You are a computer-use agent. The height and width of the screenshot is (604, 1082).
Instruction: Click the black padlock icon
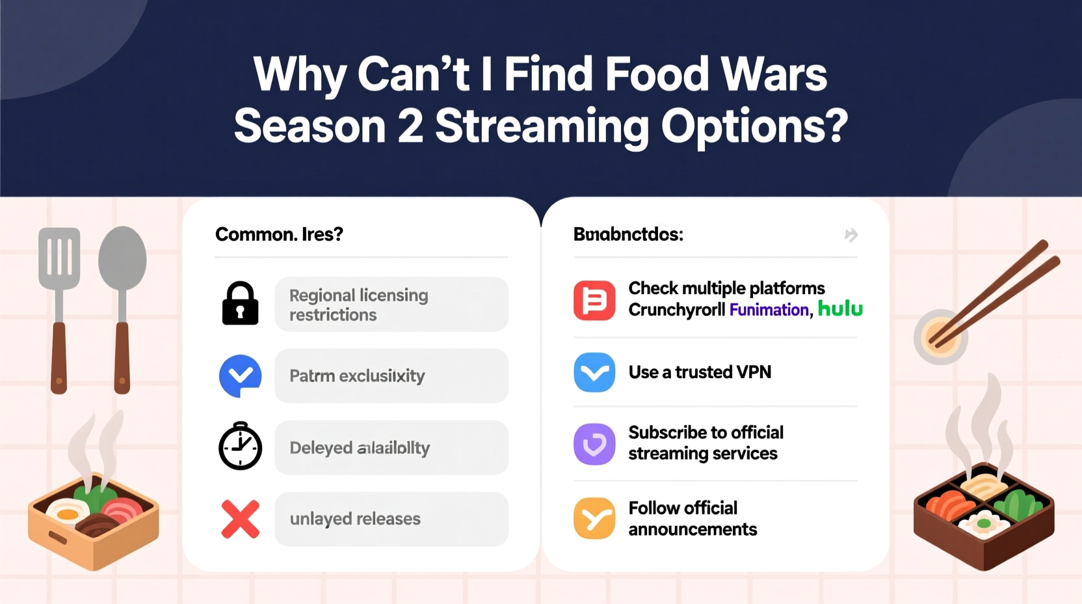coord(240,304)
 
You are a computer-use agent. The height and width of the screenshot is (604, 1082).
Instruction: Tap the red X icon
coord(240,519)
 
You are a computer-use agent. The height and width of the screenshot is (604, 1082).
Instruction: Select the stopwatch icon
coord(240,446)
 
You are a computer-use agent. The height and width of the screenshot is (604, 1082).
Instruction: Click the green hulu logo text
coord(840,309)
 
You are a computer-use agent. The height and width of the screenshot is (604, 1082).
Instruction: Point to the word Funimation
coord(769,310)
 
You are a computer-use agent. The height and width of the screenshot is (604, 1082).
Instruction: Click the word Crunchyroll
coord(676,310)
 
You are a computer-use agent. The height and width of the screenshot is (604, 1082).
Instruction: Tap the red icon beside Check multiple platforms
coord(594,301)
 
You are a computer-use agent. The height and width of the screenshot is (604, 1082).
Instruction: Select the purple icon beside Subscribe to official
coord(594,444)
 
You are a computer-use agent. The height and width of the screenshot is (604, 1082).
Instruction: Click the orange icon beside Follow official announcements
coord(594,519)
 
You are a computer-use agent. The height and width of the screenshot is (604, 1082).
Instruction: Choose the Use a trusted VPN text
coord(700,372)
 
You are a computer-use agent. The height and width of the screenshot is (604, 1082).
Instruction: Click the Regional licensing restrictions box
coord(391,305)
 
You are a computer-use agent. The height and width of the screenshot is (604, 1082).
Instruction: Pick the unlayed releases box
coord(391,519)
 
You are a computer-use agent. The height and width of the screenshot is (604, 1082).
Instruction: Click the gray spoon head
coord(122,258)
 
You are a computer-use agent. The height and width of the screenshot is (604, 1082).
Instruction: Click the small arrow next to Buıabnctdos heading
coord(851,235)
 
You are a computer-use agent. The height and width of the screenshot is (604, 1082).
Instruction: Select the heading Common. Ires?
coord(279,234)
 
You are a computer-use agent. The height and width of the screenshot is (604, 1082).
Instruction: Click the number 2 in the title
coord(410,126)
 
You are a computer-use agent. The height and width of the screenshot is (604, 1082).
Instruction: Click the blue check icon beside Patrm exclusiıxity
coord(240,376)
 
